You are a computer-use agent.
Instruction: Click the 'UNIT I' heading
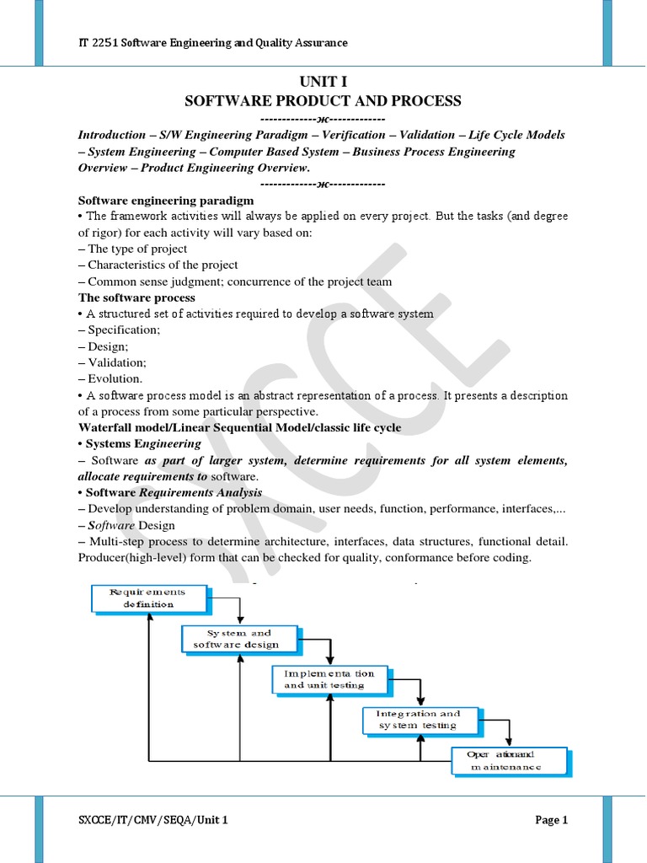(323, 82)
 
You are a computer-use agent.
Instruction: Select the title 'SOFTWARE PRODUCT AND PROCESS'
(323, 101)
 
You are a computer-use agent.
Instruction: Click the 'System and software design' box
(240, 638)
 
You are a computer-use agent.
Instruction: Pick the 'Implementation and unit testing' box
(330, 678)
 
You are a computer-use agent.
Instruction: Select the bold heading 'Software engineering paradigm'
(165, 201)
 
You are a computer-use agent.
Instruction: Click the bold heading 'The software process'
(136, 297)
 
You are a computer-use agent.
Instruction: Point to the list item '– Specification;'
(119, 330)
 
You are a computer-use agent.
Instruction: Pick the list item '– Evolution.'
(110, 379)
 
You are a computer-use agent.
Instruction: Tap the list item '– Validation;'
(112, 362)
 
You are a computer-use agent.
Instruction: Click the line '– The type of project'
(132, 249)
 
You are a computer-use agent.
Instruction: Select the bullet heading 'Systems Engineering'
(143, 443)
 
